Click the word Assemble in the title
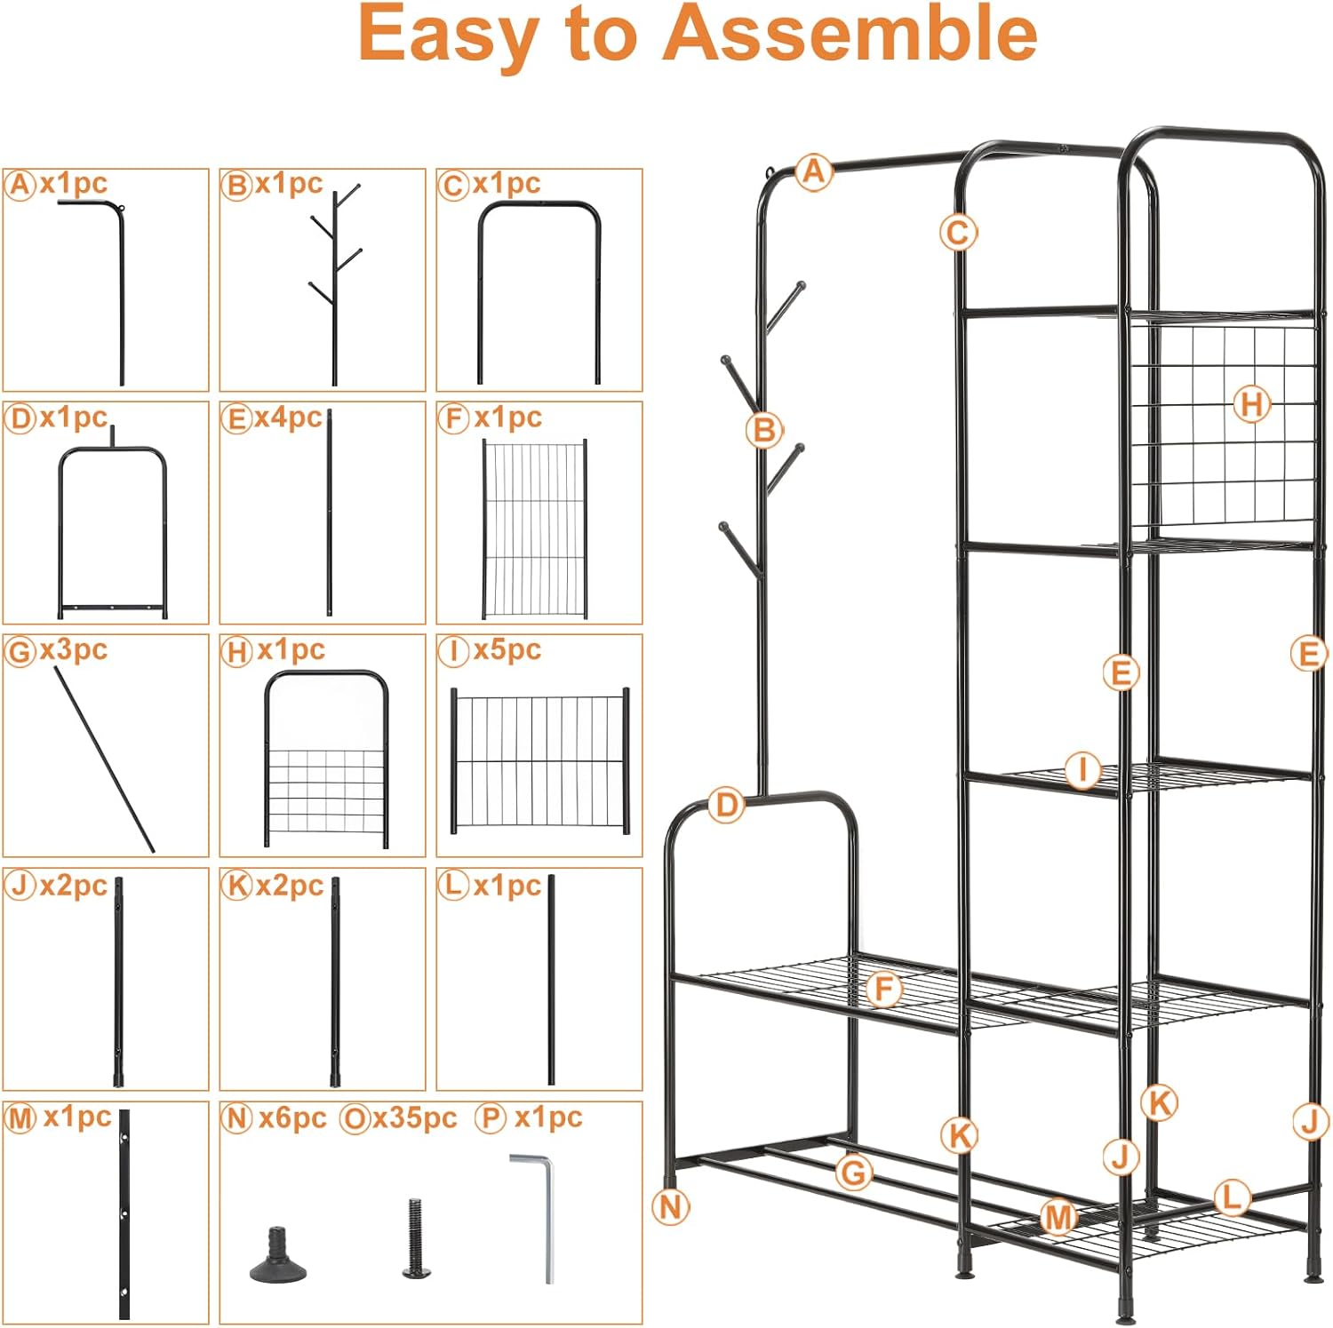pyautogui.click(x=850, y=34)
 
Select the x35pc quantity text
pyautogui.click(x=414, y=1117)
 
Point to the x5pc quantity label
pyautogui.click(x=507, y=649)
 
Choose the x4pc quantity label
pyautogui.click(x=288, y=417)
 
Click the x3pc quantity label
pyautogui.click(x=73, y=649)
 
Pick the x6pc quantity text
pyautogui.click(x=292, y=1117)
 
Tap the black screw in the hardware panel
pyautogui.click(x=415, y=1238)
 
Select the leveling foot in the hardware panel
pyautogui.click(x=278, y=1256)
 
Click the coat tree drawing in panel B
pyautogui.click(x=335, y=284)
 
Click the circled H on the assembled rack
pyautogui.click(x=1251, y=405)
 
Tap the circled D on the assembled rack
pyautogui.click(x=726, y=806)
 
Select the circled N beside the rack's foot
pyautogui.click(x=670, y=1206)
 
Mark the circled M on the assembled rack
pyautogui.click(x=1058, y=1217)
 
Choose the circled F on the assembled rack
pyautogui.click(x=883, y=989)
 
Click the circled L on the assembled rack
pyautogui.click(x=1231, y=1197)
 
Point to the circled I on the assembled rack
pyautogui.click(x=1082, y=769)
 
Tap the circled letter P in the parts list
pyautogui.click(x=490, y=1117)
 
